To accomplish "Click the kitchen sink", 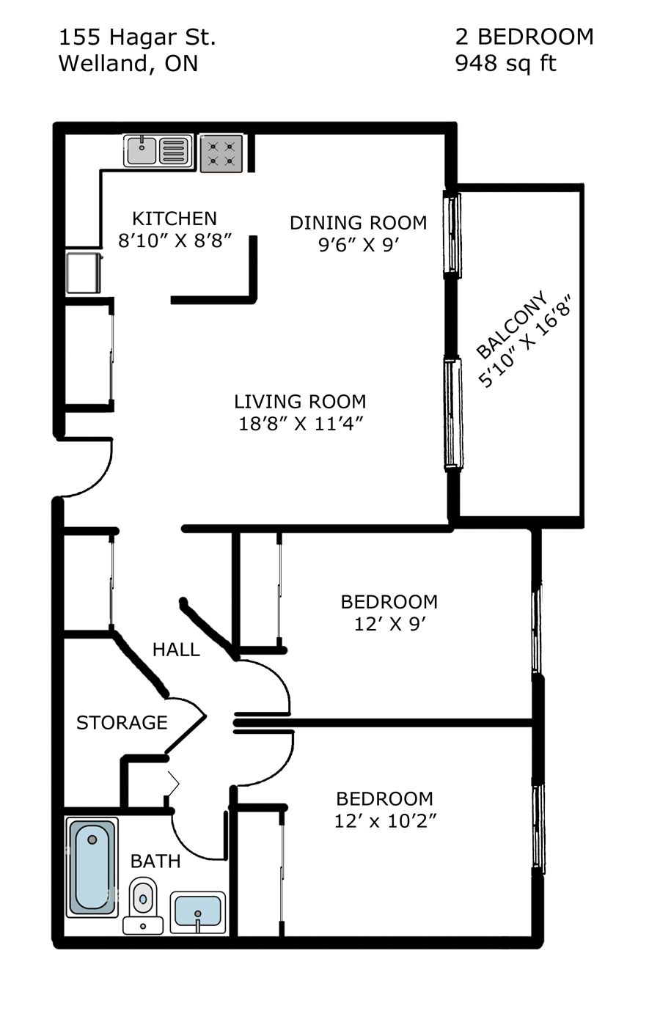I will click(x=157, y=151).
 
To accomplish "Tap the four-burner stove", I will click(x=221, y=153).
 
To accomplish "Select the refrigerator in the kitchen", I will click(x=83, y=272).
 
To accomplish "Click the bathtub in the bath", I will click(x=92, y=867).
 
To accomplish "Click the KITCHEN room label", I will click(x=175, y=218).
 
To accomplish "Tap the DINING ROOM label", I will click(x=358, y=223).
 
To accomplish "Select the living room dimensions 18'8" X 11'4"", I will click(x=301, y=424).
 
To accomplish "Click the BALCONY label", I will click(x=511, y=325).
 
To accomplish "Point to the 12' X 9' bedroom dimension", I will click(x=390, y=624).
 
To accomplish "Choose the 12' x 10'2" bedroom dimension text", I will click(x=385, y=821).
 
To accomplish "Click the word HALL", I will click(x=176, y=650).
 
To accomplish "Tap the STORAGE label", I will click(x=122, y=723).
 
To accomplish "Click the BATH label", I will click(x=155, y=861).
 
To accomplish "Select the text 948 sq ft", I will click(x=505, y=64).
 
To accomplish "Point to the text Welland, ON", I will click(x=128, y=64).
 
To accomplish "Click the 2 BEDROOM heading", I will click(x=524, y=37).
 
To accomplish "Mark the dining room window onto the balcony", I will click(x=453, y=235).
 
